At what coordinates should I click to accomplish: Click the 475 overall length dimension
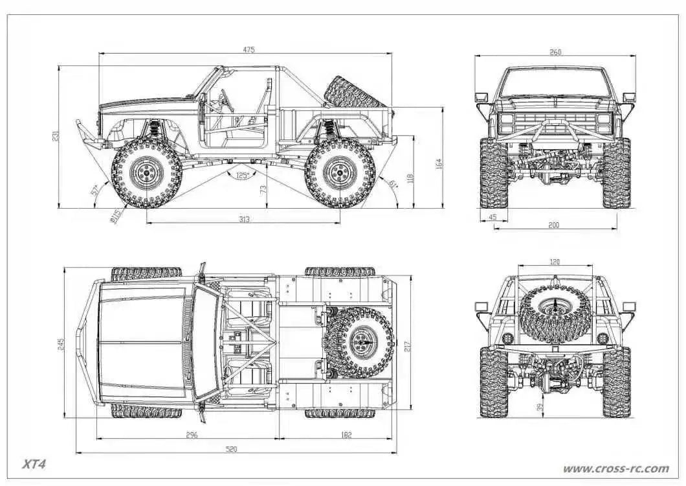point(249,50)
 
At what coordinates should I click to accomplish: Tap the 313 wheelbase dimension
point(244,219)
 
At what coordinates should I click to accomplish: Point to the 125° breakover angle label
point(242,175)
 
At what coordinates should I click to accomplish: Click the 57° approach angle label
point(94,191)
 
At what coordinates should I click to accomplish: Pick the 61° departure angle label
point(393,184)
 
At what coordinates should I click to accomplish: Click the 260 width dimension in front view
point(555,52)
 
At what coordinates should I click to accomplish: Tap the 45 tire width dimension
point(493,217)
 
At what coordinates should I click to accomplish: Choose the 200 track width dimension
point(554,225)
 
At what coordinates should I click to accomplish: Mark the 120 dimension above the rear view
point(555,262)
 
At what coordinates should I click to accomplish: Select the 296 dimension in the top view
point(192,435)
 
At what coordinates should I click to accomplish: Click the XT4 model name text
point(34,464)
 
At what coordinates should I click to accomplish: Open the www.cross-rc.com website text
point(615,468)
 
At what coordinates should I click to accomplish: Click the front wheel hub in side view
point(146,172)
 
